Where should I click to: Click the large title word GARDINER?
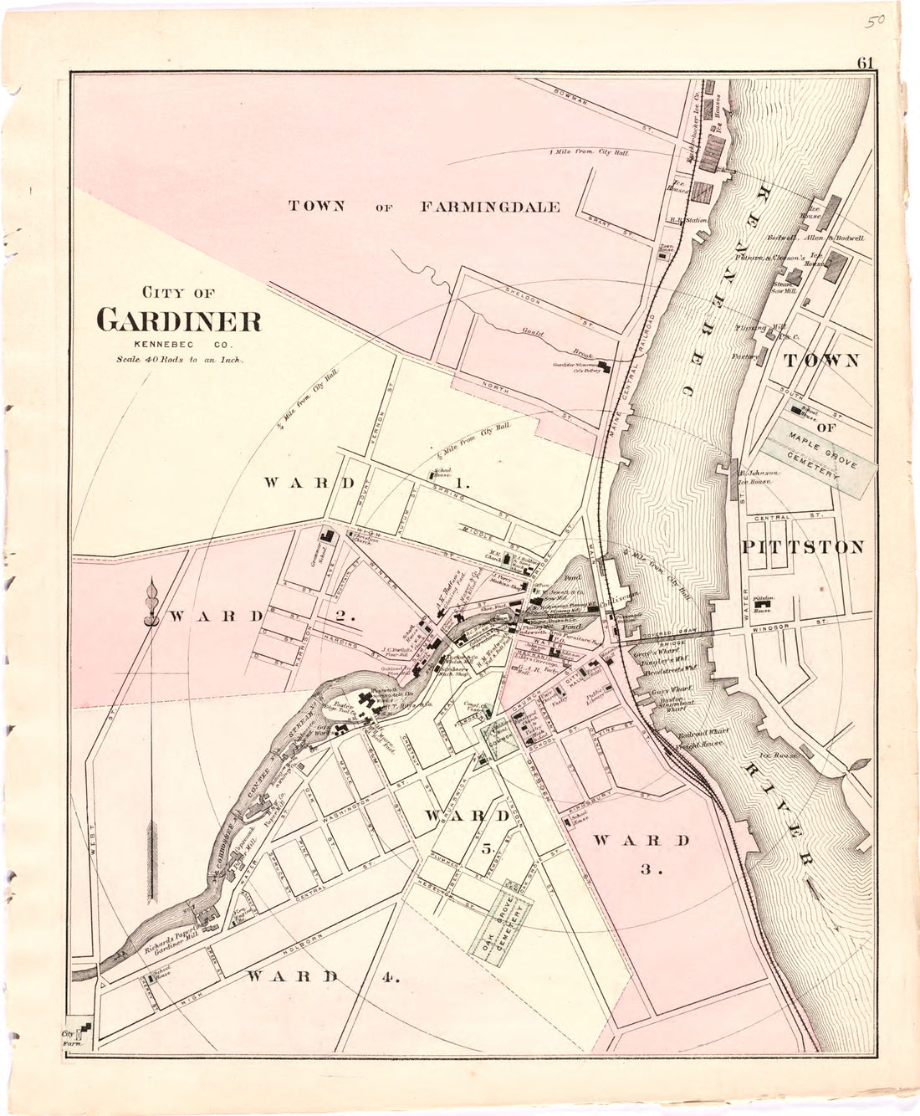[x=179, y=320]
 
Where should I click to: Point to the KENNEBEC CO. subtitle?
[x=179, y=346]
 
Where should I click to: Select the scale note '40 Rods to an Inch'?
[x=179, y=361]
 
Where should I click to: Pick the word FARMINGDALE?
[x=490, y=207]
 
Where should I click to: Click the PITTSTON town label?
[x=802, y=547]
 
